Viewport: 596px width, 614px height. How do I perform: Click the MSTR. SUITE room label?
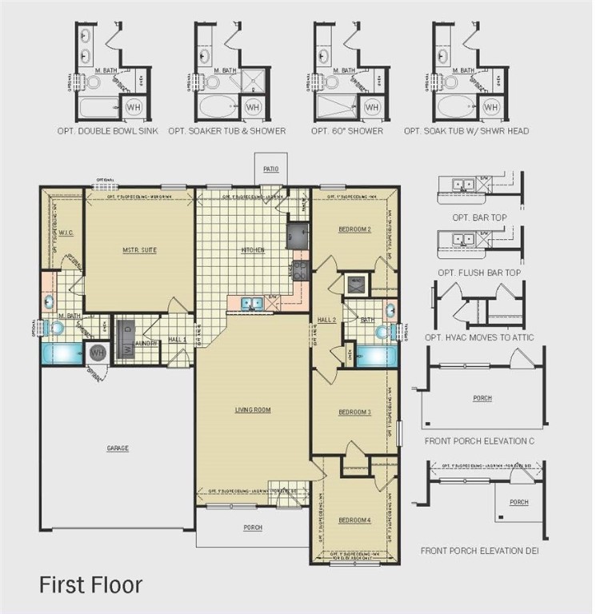pyautogui.click(x=140, y=250)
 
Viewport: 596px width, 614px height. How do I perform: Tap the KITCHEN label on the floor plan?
pyautogui.click(x=253, y=250)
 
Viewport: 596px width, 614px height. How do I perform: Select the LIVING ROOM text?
pyautogui.click(x=252, y=410)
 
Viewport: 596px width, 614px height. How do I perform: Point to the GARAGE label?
pyautogui.click(x=118, y=449)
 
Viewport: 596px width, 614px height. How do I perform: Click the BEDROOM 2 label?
pyautogui.click(x=354, y=229)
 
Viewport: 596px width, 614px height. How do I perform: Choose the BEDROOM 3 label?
pyautogui.click(x=354, y=412)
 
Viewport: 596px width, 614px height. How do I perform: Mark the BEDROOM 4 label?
pyautogui.click(x=354, y=520)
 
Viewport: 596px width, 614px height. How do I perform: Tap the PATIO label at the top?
pyautogui.click(x=270, y=169)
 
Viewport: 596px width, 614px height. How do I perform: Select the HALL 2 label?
pyautogui.click(x=327, y=320)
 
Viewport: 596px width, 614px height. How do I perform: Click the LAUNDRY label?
pyautogui.click(x=145, y=344)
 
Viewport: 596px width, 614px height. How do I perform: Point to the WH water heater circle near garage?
pyautogui.click(x=98, y=352)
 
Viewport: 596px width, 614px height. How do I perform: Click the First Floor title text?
pyautogui.click(x=90, y=584)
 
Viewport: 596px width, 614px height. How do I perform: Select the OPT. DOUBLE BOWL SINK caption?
pyautogui.click(x=107, y=131)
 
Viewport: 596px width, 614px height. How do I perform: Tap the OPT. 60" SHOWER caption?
pyautogui.click(x=346, y=131)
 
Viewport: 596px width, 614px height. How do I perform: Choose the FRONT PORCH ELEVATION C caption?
pyautogui.click(x=478, y=441)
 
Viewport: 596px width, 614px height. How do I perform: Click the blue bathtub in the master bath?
pyautogui.click(x=63, y=352)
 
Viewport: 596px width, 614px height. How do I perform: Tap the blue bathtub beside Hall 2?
pyautogui.click(x=375, y=355)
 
